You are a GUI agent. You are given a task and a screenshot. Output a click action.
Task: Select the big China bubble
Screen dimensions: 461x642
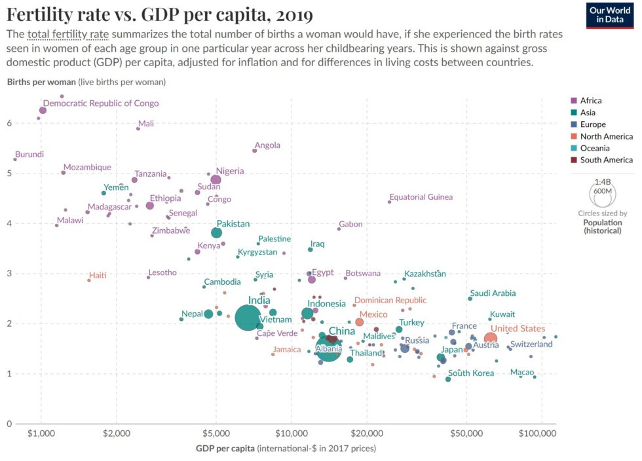coord(328,345)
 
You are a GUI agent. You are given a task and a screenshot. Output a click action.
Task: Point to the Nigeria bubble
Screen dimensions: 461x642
coord(216,179)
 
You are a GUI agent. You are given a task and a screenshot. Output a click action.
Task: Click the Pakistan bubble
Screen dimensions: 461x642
coord(217,232)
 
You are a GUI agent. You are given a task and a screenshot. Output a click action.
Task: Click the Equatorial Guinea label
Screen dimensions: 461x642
coord(421,197)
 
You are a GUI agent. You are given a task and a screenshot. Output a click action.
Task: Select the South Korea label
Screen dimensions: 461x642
coord(471,373)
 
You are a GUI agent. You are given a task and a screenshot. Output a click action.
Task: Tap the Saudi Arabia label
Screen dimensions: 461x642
coord(493,294)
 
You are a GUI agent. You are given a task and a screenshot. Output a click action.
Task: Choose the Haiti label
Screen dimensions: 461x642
coord(98,275)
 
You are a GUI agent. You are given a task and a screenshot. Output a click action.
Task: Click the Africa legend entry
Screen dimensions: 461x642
coord(590,101)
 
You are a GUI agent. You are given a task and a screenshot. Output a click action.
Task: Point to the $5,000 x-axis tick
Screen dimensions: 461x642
coord(216,433)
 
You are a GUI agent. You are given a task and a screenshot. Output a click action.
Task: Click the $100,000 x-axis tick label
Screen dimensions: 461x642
coord(538,433)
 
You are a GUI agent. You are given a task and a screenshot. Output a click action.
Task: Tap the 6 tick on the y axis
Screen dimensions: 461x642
coord(9,123)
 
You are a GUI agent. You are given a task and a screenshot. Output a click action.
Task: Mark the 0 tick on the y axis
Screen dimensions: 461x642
coord(9,424)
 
